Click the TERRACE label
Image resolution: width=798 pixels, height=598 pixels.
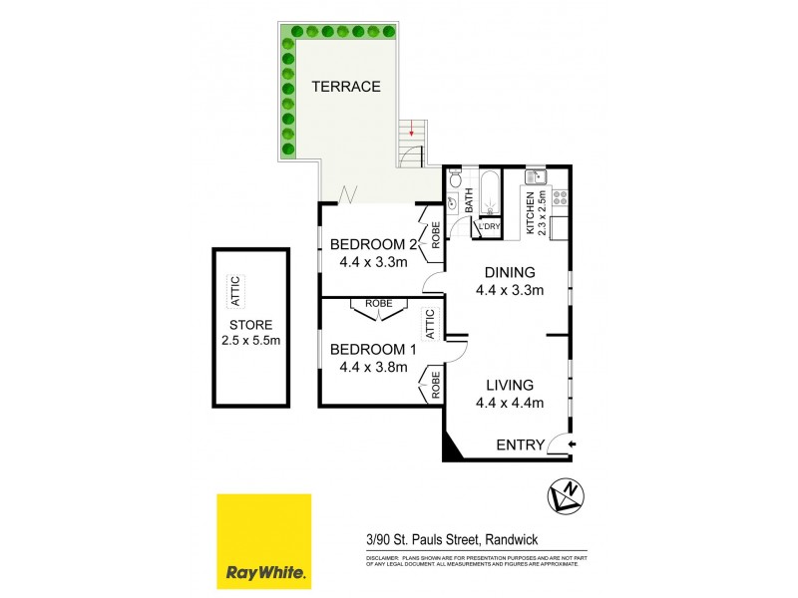click(x=346, y=87)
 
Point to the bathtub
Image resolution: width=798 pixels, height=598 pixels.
click(x=490, y=192)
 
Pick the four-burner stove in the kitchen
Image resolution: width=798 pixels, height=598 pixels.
click(x=560, y=196)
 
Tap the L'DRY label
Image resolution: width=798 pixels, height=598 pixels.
click(x=488, y=227)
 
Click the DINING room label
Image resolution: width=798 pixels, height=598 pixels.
click(x=510, y=272)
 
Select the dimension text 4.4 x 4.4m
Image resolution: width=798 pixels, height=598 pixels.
click(x=510, y=403)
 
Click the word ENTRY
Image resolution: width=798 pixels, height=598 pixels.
click(x=520, y=445)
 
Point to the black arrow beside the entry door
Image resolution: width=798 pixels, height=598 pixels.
click(x=573, y=445)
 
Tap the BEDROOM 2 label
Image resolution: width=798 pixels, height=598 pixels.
click(x=372, y=245)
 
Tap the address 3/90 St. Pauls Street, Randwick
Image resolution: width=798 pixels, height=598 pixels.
click(x=449, y=539)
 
